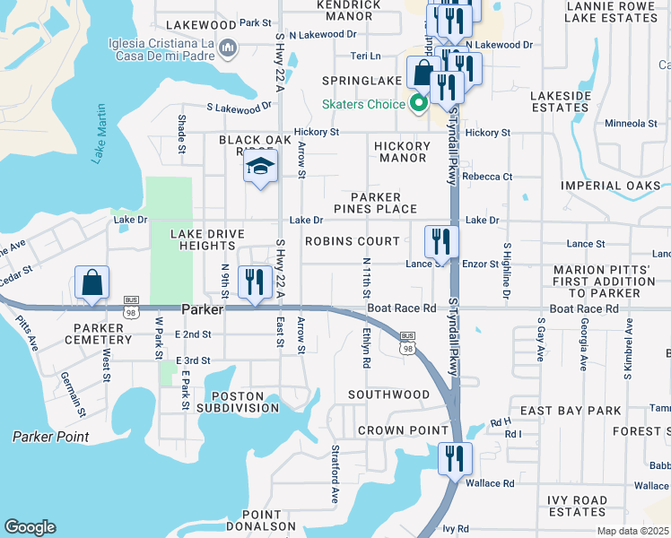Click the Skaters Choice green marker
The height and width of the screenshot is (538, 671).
pyautogui.click(x=417, y=104)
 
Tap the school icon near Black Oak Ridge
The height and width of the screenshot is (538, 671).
pyautogui.click(x=260, y=168)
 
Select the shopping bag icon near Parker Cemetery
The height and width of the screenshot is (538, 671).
pyautogui.click(x=92, y=283)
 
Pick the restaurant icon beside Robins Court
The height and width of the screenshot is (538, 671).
pyautogui.click(x=441, y=241)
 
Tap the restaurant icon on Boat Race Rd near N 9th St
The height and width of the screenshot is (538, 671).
pyautogui.click(x=255, y=282)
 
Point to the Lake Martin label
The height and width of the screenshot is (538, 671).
pyautogui.click(x=99, y=134)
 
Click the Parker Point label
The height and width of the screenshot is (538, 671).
pyautogui.click(x=50, y=437)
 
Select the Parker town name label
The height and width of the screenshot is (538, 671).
pyautogui.click(x=201, y=309)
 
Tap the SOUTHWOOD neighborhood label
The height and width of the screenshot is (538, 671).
pyautogui.click(x=389, y=395)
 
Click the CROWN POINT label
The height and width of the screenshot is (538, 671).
pyautogui.click(x=390, y=430)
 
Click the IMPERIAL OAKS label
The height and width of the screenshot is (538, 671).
pyautogui.click(x=610, y=186)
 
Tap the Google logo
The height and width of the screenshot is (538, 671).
pyautogui.click(x=30, y=527)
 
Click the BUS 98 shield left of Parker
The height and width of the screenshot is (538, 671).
pyautogui.click(x=131, y=307)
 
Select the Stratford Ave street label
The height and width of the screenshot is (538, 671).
pyautogui.click(x=335, y=473)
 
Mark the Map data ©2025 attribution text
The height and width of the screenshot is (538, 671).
pyautogui.click(x=632, y=531)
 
